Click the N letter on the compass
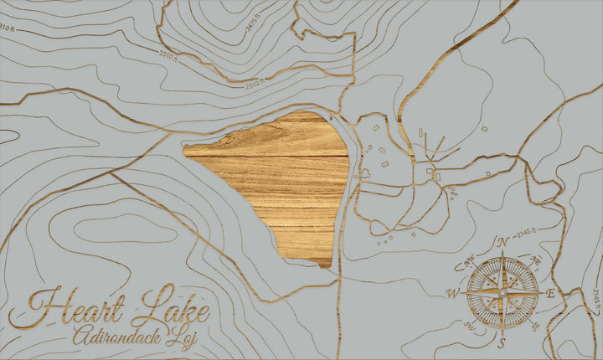pos(503,243)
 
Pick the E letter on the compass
pos(550,294)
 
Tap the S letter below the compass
pos(502,343)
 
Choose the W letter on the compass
pos(453,293)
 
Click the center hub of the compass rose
pos(502,292)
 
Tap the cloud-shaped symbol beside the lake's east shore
pos(364,174)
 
